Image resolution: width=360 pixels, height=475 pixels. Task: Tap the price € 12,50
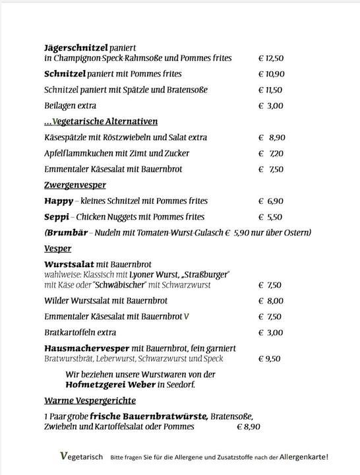271,58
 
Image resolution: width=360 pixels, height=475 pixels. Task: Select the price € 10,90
271,74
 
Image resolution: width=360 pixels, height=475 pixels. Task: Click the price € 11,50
270,90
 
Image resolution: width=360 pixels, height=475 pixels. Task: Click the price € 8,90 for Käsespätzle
272,137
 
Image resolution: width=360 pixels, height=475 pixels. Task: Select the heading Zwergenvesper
75,185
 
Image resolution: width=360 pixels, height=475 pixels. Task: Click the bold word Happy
59,201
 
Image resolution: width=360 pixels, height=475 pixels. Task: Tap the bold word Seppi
57,216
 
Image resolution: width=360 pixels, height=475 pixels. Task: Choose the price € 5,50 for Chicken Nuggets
271,216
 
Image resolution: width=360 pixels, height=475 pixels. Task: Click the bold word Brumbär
66,232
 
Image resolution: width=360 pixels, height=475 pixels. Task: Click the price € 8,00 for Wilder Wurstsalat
270,301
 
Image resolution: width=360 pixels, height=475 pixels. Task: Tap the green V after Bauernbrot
187,317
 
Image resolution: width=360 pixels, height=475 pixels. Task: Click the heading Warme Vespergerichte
90,400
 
